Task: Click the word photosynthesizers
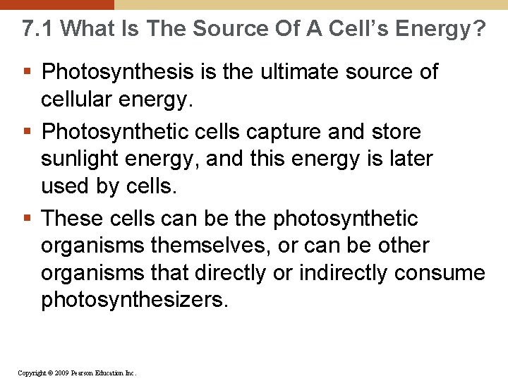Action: tap(135, 300)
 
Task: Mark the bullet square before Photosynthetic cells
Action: tap(27, 133)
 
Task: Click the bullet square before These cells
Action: tap(27, 219)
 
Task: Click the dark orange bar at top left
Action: tap(56, 4)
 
